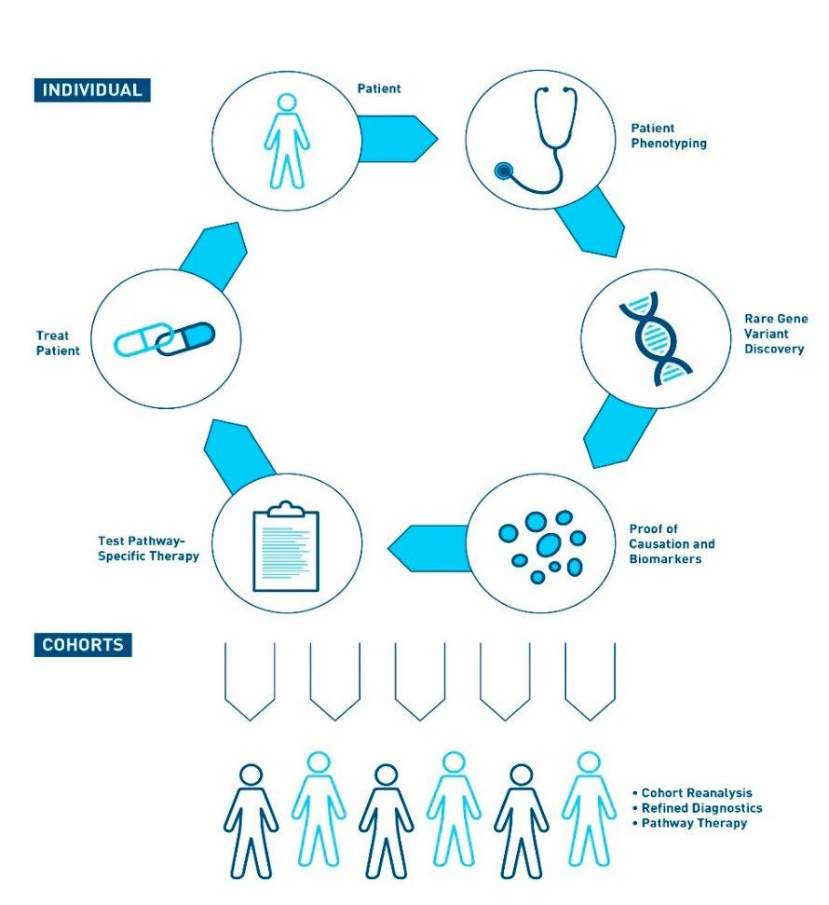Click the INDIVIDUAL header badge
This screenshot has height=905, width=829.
pyautogui.click(x=92, y=90)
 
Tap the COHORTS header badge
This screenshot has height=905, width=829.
pyautogui.click(x=83, y=644)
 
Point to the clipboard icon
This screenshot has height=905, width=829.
pyautogui.click(x=286, y=546)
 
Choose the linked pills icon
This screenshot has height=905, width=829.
pyautogui.click(x=165, y=339)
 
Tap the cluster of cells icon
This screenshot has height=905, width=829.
pyautogui.click(x=542, y=545)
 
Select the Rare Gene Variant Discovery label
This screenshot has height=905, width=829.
pyautogui.click(x=775, y=334)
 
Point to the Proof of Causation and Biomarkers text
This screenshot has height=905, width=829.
pyautogui.click(x=672, y=544)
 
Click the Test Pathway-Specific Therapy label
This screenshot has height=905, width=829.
pyautogui.click(x=148, y=548)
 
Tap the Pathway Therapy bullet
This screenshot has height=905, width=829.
pyautogui.click(x=692, y=823)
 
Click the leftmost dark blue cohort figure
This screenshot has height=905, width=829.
pyautogui.click(x=251, y=819)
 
